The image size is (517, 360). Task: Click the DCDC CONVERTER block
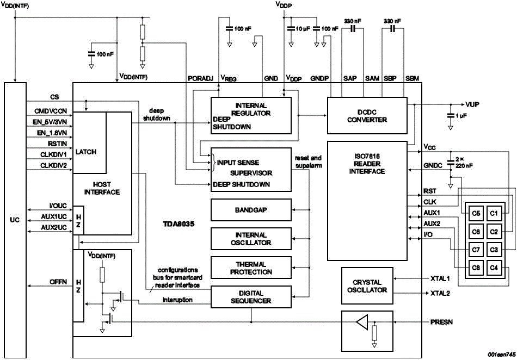(367, 116)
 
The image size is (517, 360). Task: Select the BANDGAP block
(250, 209)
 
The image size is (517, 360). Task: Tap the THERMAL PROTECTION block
(250, 268)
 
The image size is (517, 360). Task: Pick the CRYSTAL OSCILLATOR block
(367, 286)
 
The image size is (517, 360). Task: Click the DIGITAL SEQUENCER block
(250, 297)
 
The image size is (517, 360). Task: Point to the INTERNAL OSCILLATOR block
(250, 239)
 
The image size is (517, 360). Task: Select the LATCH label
(86, 152)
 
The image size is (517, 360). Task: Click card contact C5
(476, 213)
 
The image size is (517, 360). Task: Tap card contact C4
(494, 268)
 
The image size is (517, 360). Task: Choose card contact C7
(476, 250)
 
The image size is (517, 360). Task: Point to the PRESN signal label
(442, 322)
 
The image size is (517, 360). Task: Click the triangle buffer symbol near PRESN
(362, 323)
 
